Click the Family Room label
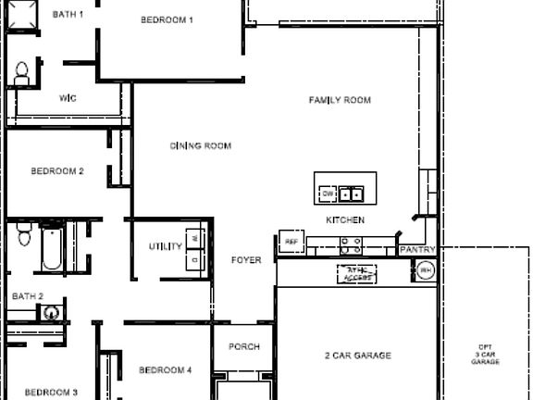(340, 100)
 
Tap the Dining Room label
(200, 146)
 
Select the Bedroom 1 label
(167, 19)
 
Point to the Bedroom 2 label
(57, 171)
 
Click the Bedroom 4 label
(165, 370)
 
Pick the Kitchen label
(345, 220)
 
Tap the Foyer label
(246, 261)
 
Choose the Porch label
(244, 347)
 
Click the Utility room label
(166, 247)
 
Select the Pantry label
(416, 251)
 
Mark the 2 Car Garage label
(357, 356)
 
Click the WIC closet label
(68, 98)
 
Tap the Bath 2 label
(27, 296)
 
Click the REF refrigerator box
(291, 242)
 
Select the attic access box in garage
(357, 274)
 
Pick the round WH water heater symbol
(425, 270)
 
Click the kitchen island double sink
(350, 194)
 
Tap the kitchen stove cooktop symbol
(351, 245)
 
